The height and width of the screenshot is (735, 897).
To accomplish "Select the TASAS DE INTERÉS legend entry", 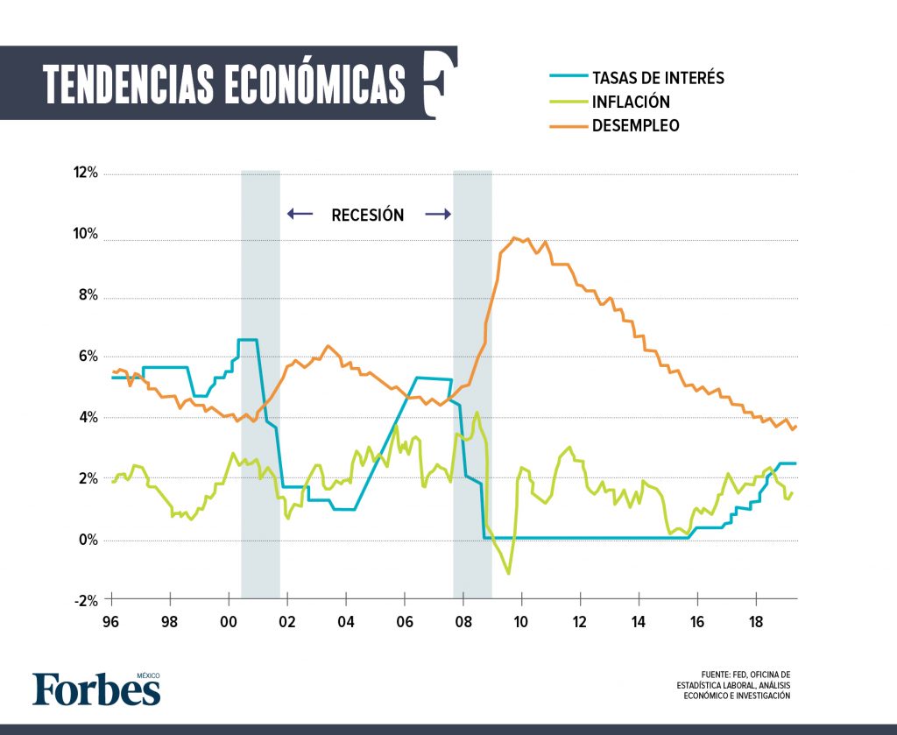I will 658,77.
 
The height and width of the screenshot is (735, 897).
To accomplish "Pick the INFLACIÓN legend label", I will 631,102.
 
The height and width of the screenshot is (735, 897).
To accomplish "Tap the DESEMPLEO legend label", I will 635,125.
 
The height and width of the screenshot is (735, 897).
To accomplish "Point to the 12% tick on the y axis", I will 86,173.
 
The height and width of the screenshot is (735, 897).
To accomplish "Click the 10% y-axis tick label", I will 86,235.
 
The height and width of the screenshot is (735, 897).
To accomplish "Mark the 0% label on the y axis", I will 88,540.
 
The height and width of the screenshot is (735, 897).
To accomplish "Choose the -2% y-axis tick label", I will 87,600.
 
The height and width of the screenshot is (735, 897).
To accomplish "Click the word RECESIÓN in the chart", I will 368,215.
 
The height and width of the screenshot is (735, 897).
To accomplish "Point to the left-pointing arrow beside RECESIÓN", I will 299,214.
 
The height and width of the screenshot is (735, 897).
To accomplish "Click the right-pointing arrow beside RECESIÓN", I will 438,214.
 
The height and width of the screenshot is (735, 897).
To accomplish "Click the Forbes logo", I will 96,689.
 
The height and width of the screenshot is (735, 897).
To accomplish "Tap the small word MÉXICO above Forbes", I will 147,675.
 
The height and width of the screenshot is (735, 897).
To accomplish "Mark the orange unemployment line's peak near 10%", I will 515,237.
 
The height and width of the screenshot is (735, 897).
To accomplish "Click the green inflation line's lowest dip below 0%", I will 509,574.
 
